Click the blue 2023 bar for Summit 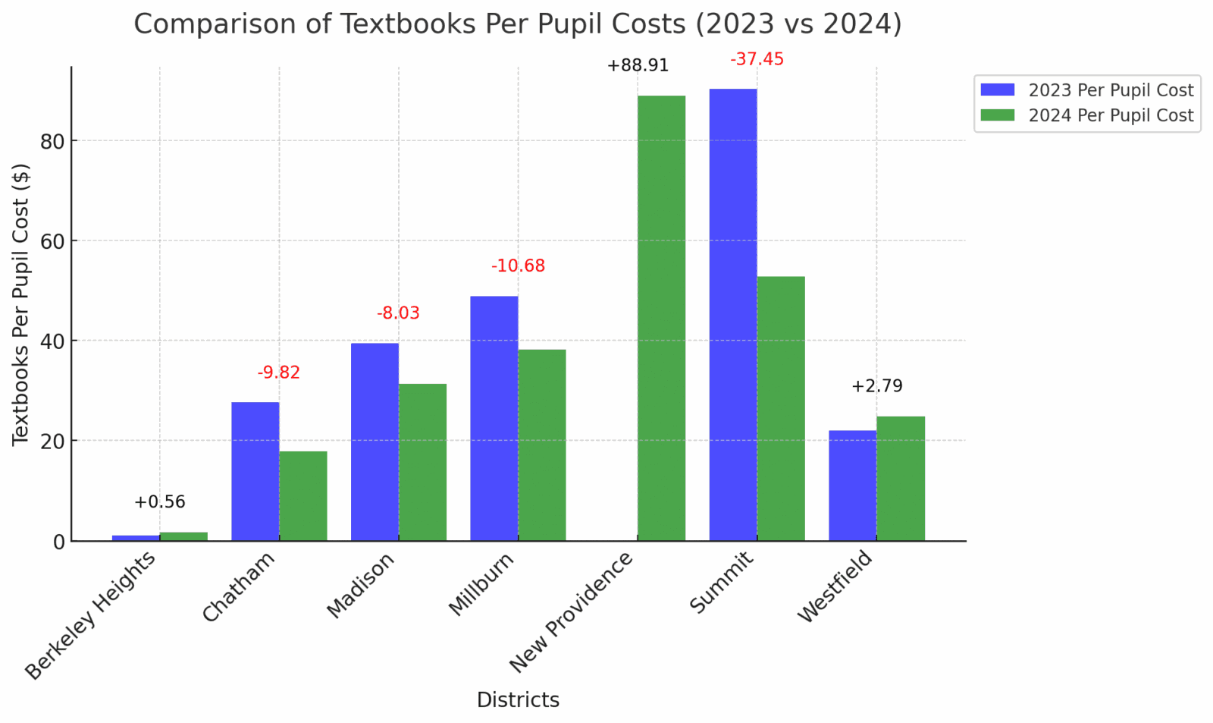732,314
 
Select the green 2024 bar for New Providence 661,318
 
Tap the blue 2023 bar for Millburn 494,418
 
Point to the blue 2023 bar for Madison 375,442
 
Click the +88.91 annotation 638,66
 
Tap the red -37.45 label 757,59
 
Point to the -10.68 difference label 518,266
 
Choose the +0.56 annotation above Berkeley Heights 159,502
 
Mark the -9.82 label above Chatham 278,373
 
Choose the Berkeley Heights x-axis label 91,615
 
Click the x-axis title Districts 518,700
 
